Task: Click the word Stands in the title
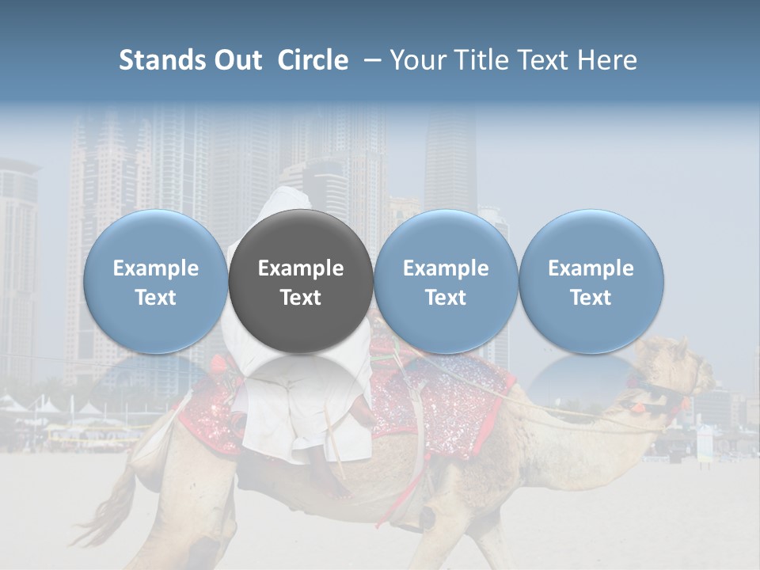tap(161, 60)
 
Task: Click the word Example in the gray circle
tap(301, 268)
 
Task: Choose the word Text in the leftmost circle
tap(155, 298)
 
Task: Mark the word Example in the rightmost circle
tap(591, 268)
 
